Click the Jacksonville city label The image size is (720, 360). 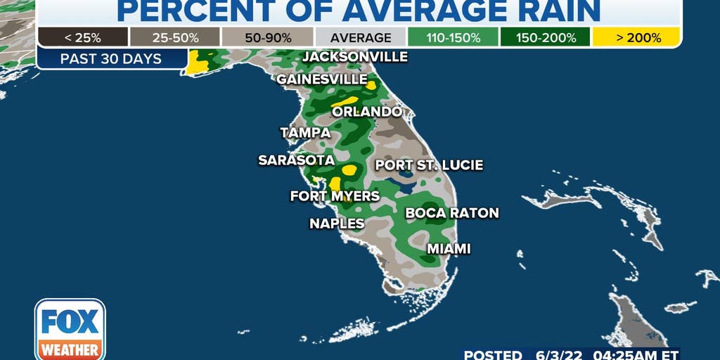(355, 56)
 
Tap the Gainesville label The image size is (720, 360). (322, 79)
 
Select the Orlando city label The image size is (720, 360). (367, 112)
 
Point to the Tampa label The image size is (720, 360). (305, 132)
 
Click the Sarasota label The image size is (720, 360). (296, 160)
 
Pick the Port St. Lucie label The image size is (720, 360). (429, 165)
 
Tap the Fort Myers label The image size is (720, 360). (335, 195)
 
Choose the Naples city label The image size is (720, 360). (337, 224)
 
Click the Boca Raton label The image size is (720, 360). (452, 212)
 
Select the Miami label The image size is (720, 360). (449, 248)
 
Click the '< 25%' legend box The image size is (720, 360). (83, 37)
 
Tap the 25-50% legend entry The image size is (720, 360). (174, 37)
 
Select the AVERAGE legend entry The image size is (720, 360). (360, 37)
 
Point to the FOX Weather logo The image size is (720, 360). (70, 329)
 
